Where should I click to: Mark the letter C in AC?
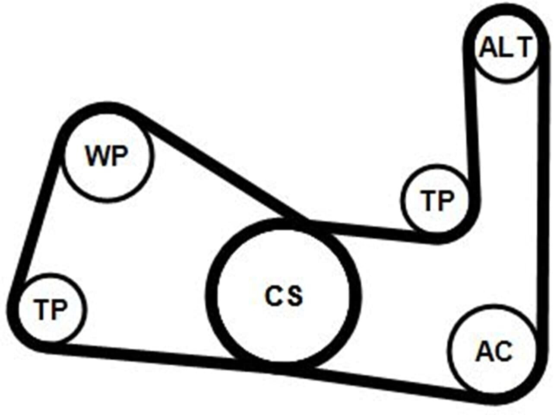[x=503, y=351]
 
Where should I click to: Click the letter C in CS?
[x=274, y=296]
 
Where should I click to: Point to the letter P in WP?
[x=119, y=156]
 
